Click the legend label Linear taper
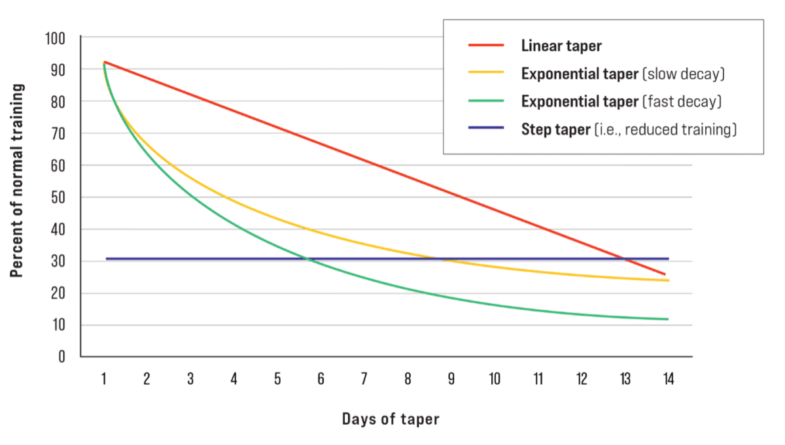click(561, 46)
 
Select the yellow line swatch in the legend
click(485, 74)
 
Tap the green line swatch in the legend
click(485, 101)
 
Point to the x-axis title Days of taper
click(391, 419)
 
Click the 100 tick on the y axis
click(56, 38)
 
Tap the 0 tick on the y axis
click(62, 357)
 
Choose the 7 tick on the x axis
click(364, 379)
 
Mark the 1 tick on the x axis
click(104, 379)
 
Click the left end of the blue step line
click(107, 259)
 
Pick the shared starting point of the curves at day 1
click(105, 62)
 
